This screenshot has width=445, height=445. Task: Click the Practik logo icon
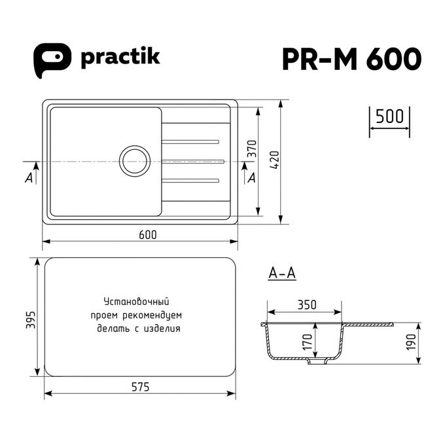(x=52, y=60)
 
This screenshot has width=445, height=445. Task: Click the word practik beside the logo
(x=120, y=58)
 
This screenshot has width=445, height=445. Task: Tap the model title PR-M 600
(x=351, y=59)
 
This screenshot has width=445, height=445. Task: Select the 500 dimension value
(x=389, y=116)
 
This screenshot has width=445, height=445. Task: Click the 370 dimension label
(x=252, y=149)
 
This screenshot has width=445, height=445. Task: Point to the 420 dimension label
(x=275, y=160)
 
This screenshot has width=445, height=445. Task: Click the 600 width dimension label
(x=148, y=235)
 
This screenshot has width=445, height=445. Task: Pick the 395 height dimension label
(x=31, y=320)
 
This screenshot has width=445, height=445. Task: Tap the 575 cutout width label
(x=141, y=387)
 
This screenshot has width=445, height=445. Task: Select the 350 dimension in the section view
(x=307, y=305)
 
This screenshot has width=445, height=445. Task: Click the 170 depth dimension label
(x=307, y=342)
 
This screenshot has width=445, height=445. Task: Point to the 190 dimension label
(x=411, y=342)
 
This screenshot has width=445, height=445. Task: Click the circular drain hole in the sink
(x=135, y=161)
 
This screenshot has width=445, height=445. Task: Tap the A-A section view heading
(x=282, y=274)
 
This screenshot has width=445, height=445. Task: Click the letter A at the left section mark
(x=29, y=178)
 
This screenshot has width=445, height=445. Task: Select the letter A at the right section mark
(x=251, y=178)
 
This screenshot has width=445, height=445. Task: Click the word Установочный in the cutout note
(x=137, y=302)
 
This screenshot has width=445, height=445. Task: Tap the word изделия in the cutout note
(x=162, y=329)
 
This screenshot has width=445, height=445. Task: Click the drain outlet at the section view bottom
(x=317, y=361)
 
